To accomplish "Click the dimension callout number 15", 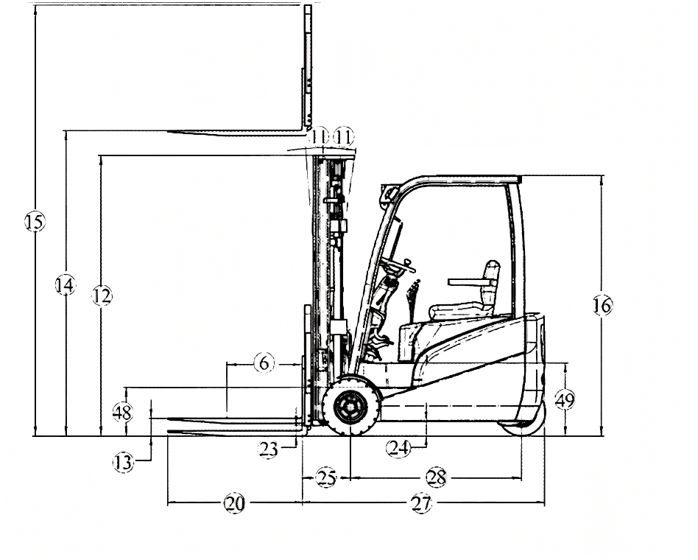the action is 35,221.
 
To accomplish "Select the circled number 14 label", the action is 66,285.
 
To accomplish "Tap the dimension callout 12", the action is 102,295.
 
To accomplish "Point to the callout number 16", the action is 602,305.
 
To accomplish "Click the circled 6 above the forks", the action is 264,363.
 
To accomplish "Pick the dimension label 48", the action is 122,412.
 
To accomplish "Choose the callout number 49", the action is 565,400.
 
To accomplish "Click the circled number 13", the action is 123,462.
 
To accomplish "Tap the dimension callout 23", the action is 269,449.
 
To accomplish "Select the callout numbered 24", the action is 398,448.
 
